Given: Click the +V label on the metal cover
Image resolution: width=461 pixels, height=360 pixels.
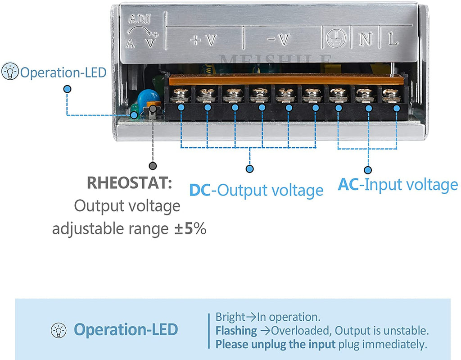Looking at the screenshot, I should point(203,40).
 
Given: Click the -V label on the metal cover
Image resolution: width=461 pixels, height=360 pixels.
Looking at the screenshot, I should point(278,40).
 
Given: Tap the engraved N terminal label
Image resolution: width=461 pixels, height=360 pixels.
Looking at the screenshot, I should point(365,40).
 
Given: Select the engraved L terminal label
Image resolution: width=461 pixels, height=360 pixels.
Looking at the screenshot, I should point(393,40).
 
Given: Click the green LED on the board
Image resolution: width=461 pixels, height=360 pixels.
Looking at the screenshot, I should point(134,109).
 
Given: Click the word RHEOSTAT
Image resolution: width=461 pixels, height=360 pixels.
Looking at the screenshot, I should point(129,183).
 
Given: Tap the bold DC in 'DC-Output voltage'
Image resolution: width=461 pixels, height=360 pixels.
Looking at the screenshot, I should point(200,190).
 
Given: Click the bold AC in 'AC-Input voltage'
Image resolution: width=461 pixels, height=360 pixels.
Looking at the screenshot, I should point(348,185).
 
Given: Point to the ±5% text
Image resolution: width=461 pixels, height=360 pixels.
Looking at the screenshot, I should point(190,229).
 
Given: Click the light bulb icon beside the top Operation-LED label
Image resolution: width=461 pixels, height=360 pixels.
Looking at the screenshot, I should point(10,72).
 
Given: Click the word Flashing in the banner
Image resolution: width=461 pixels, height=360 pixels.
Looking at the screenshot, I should point(236,331).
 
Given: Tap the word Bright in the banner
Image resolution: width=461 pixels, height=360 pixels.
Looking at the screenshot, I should point(229,317).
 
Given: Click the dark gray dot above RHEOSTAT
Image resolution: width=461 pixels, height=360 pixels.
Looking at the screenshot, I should point(153,166).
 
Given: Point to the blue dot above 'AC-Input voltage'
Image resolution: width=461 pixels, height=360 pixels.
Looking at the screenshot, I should point(368,170).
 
